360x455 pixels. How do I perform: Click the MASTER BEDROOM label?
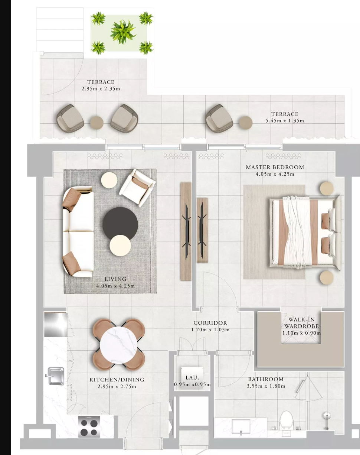click(x=275, y=167)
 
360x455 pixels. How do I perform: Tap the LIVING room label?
click(x=115, y=279)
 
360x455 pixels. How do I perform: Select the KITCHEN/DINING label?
click(x=117, y=380)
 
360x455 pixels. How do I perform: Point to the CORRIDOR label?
click(x=210, y=323)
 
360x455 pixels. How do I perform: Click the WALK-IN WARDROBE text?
click(x=301, y=323)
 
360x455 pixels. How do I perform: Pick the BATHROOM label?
click(x=266, y=379)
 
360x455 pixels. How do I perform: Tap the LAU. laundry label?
click(x=192, y=378)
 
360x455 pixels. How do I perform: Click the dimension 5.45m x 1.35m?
click(x=285, y=121)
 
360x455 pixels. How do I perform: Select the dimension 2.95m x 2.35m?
click(x=101, y=89)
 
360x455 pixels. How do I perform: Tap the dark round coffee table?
click(x=120, y=224)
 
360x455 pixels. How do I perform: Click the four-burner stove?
click(x=89, y=426)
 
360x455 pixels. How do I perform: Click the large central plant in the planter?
click(x=123, y=32)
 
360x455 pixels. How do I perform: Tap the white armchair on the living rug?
click(x=137, y=188)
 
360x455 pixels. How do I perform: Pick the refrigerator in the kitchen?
click(x=56, y=325)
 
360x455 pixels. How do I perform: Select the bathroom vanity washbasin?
click(x=241, y=425)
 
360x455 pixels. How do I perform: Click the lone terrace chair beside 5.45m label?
click(x=219, y=118)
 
